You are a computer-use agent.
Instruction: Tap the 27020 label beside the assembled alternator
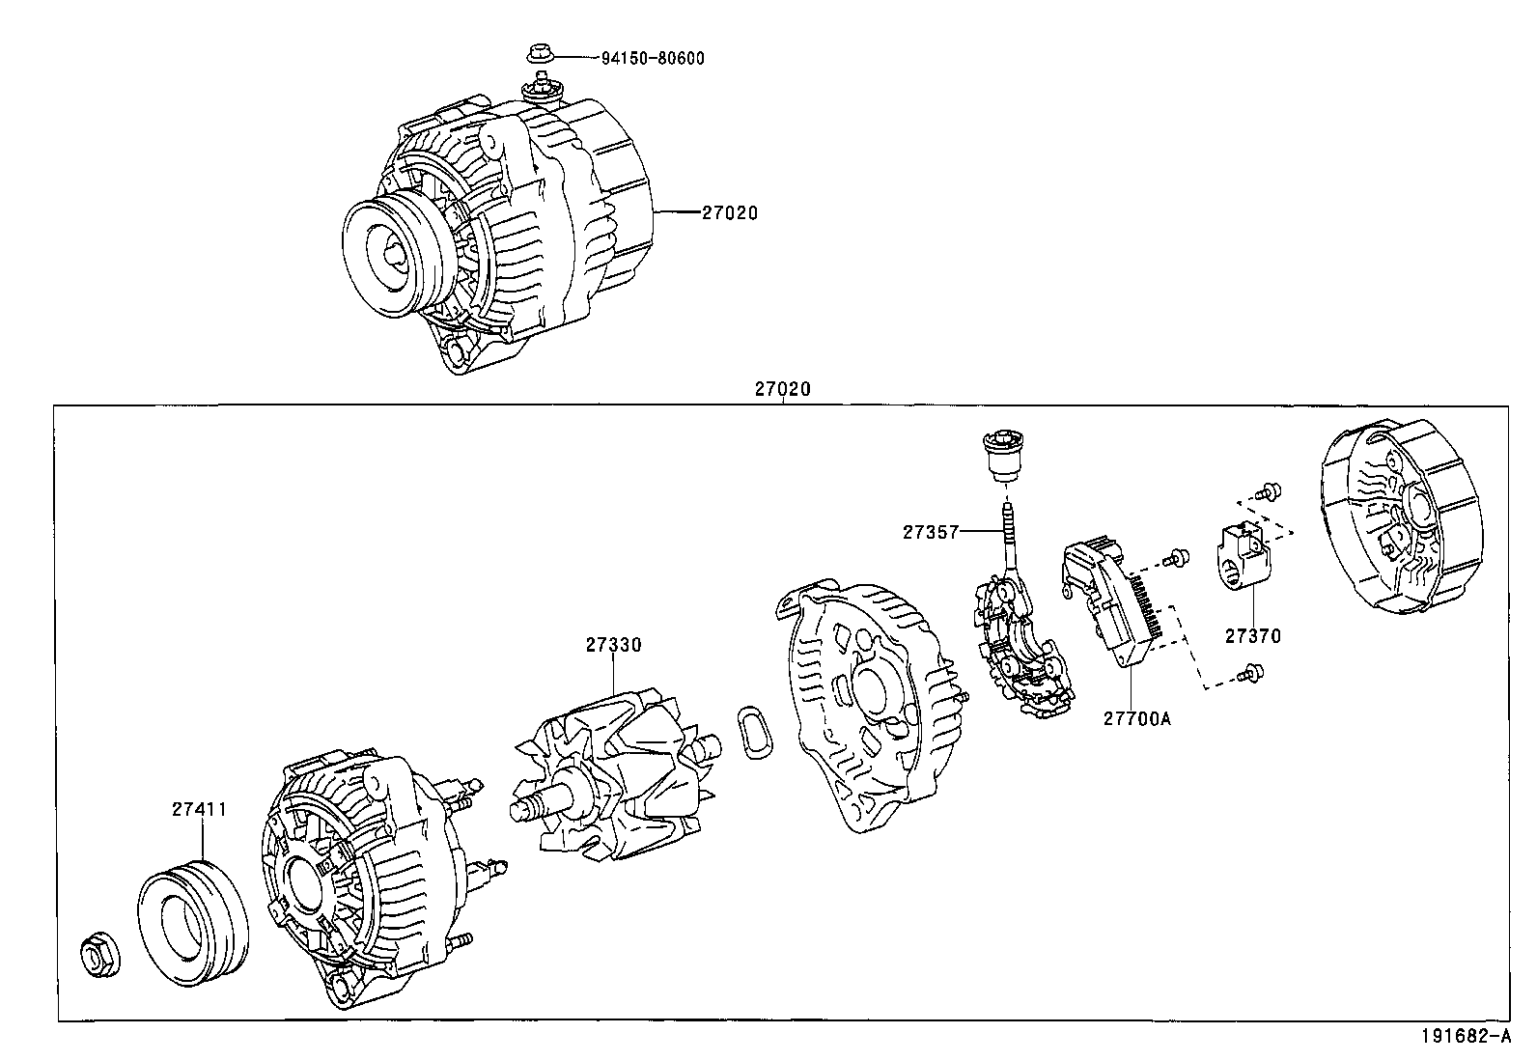click(x=729, y=212)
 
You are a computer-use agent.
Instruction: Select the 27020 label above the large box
click(x=782, y=389)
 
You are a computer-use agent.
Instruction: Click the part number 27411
click(x=200, y=809)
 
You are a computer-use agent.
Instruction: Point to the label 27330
click(x=612, y=645)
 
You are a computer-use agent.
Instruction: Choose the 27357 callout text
click(x=931, y=531)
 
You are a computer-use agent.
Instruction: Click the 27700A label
click(x=1136, y=718)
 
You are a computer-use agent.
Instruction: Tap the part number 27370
click(x=1252, y=635)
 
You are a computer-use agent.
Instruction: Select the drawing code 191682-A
click(x=1464, y=1037)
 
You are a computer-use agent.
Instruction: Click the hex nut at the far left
click(x=99, y=956)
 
